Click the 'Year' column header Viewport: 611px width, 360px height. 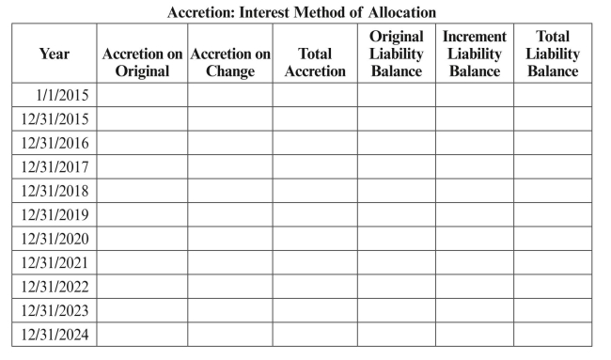point(55,55)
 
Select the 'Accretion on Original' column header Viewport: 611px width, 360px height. point(142,63)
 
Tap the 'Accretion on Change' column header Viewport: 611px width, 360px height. point(230,63)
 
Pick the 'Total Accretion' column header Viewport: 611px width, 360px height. point(315,63)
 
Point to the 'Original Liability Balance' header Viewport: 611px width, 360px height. point(396,55)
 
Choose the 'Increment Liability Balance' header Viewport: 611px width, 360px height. point(474,55)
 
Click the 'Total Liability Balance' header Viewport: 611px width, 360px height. point(553,55)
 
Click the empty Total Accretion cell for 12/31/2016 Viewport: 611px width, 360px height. point(315,143)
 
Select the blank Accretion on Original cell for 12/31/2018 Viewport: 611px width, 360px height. point(142,191)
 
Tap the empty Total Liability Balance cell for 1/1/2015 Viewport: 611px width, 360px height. point(553,94)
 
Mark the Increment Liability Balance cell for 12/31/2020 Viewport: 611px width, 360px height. point(474,239)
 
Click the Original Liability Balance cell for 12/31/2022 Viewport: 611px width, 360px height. point(396,287)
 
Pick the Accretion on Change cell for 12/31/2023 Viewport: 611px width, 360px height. point(230,310)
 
